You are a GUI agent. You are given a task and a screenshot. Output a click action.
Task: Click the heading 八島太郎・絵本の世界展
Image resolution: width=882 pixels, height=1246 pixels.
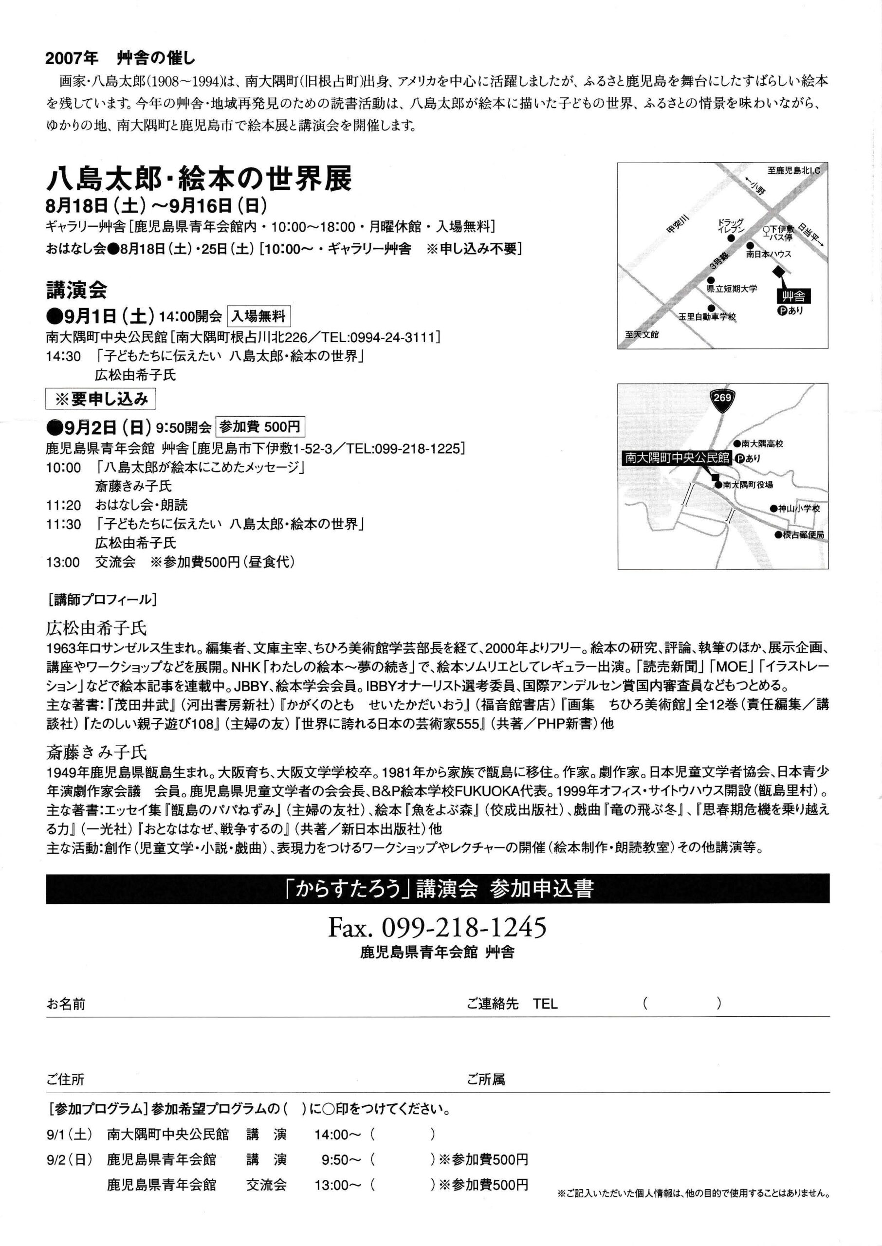199,179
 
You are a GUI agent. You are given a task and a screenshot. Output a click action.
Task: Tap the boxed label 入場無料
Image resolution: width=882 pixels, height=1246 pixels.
258,316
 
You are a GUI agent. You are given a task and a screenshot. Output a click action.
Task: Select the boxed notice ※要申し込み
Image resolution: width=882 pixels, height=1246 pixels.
101,400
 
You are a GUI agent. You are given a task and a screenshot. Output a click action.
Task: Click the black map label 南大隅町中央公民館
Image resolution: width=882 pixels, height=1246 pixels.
677,458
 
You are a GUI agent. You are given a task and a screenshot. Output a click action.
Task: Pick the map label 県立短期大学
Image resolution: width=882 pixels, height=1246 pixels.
731,288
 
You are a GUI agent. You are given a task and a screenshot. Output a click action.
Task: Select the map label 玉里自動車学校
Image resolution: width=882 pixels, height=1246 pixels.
707,316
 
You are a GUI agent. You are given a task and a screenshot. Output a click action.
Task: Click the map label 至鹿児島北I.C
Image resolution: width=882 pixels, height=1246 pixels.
793,170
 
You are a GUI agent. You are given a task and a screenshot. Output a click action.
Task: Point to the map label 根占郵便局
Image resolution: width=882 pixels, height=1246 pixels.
803,534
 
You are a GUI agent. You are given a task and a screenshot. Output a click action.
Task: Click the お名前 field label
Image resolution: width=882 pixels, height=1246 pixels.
66,1004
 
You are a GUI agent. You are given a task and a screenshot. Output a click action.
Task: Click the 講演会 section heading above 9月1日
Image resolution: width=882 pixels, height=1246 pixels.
76,291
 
